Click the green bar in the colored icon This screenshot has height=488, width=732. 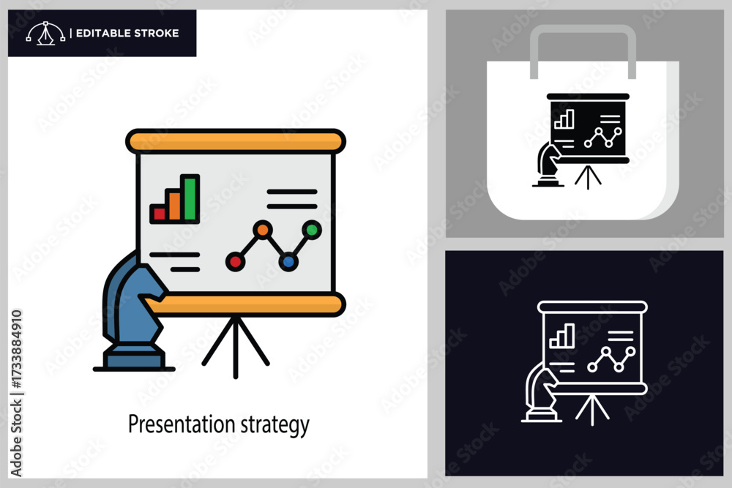(x=190, y=198)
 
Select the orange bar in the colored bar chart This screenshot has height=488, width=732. (x=174, y=206)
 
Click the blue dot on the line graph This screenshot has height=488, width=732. (x=288, y=262)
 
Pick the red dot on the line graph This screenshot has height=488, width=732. (x=235, y=262)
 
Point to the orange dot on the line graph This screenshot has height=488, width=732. (x=263, y=230)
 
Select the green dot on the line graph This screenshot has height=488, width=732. (x=311, y=230)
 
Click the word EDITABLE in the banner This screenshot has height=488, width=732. (x=102, y=33)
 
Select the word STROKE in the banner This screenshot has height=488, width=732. (x=157, y=33)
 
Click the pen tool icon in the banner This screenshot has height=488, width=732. (x=45, y=33)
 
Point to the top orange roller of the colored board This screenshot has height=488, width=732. (x=236, y=141)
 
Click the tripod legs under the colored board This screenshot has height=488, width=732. (x=236, y=347)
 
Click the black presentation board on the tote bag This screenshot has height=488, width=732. (x=588, y=128)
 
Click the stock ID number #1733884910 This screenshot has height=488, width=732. (x=16, y=348)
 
